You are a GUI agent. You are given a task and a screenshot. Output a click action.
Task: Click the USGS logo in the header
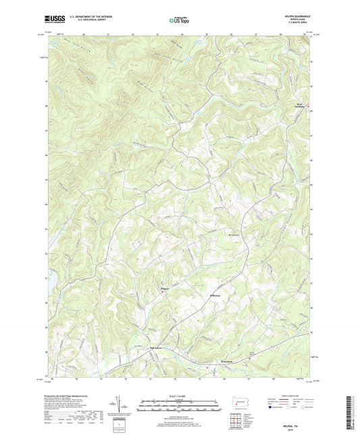tap(56, 19)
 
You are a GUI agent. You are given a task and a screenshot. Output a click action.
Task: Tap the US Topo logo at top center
tap(180, 20)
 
